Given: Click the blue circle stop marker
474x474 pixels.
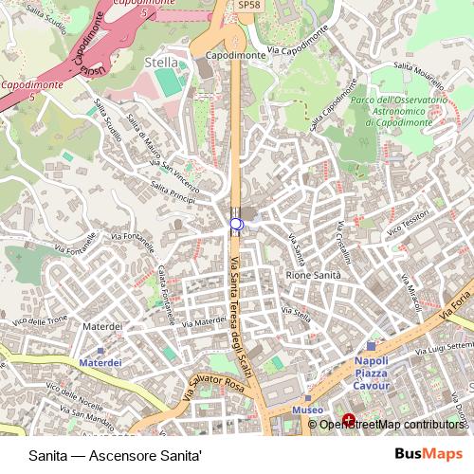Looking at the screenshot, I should [236, 225].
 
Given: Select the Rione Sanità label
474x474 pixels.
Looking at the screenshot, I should [313, 274].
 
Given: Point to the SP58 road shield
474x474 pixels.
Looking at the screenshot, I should [248, 5].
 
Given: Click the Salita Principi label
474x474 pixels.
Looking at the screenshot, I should [171, 194].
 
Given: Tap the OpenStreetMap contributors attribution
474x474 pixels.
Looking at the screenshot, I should [392, 424].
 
